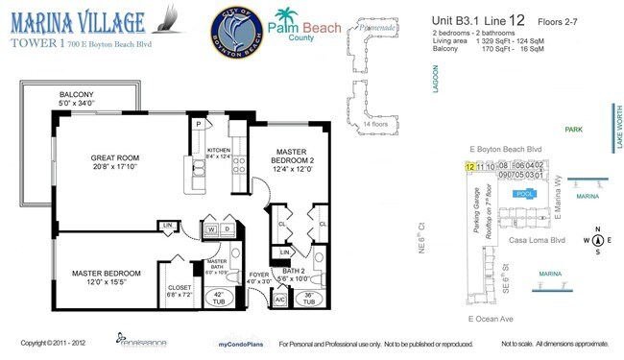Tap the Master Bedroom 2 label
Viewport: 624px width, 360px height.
(291, 157)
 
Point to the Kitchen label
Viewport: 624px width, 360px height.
(220, 152)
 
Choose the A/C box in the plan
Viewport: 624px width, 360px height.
(280, 300)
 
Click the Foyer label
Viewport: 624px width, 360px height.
(258, 278)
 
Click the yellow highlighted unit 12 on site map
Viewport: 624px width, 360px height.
(469, 166)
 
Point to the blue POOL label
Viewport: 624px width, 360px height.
(525, 193)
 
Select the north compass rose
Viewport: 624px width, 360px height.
(597, 241)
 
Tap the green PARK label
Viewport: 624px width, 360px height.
(574, 129)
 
